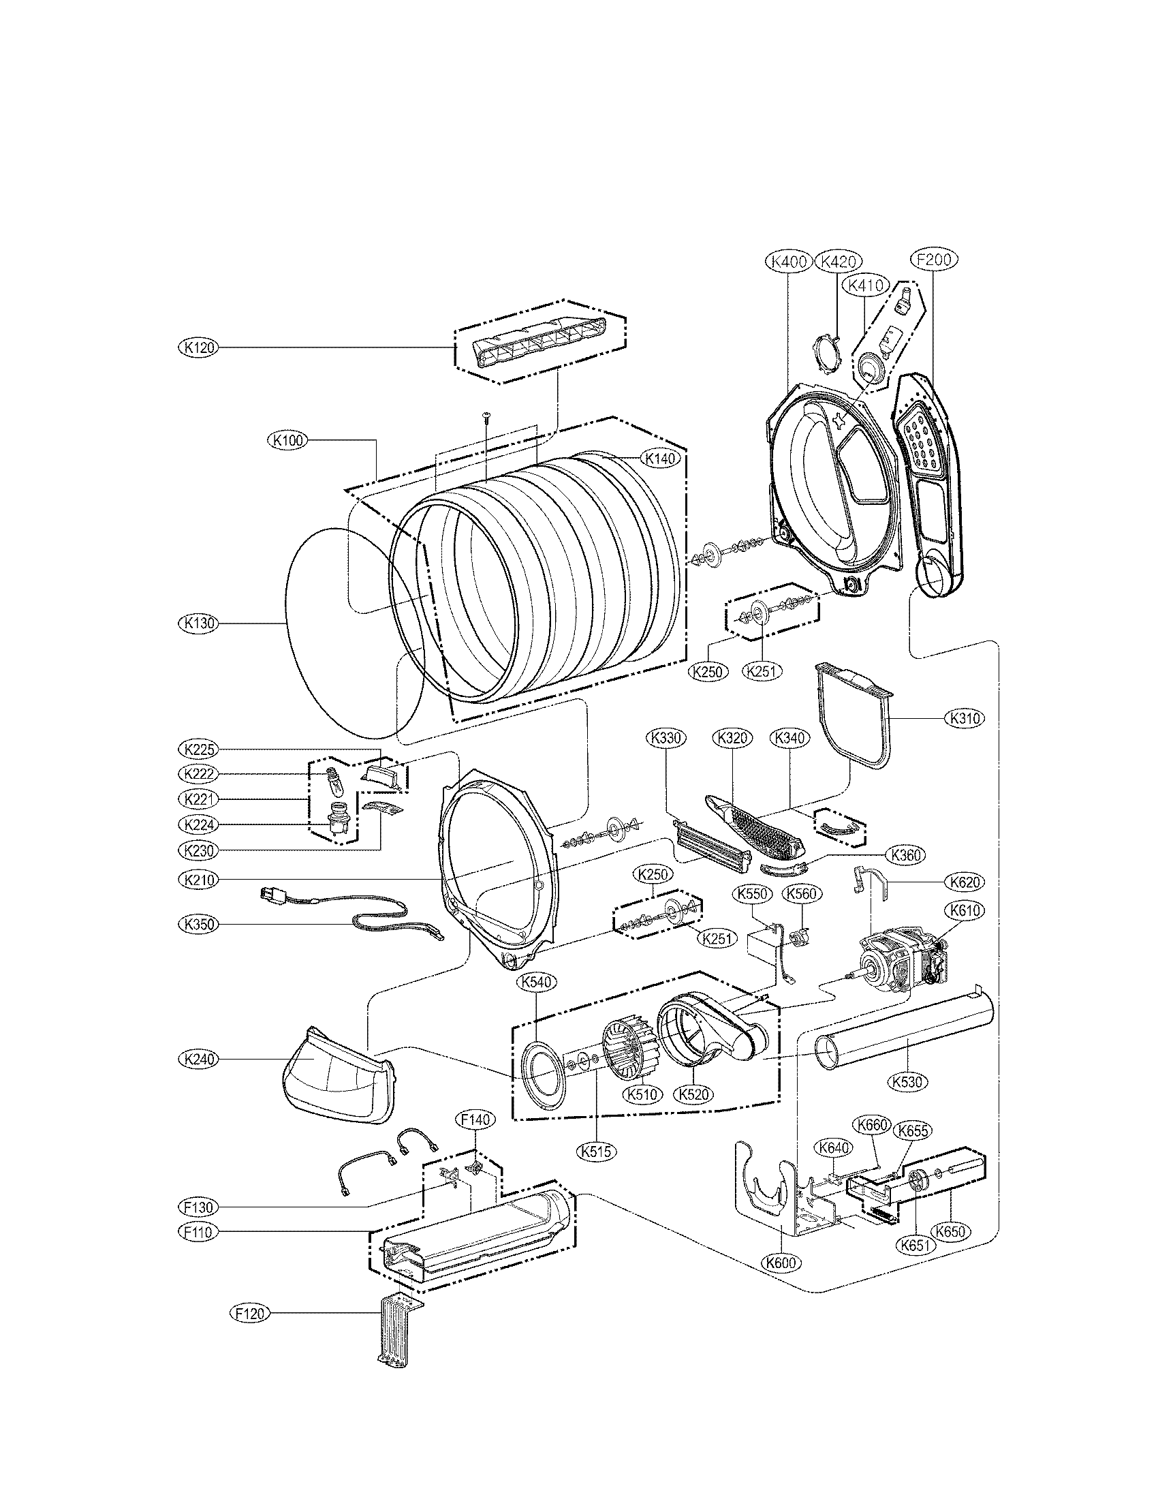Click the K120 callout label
(x=198, y=348)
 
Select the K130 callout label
(x=198, y=623)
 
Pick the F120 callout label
(x=249, y=1313)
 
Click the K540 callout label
(x=537, y=982)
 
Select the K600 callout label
(x=781, y=1262)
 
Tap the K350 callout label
(x=198, y=924)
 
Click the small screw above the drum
(x=486, y=416)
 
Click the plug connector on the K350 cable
(x=270, y=896)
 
